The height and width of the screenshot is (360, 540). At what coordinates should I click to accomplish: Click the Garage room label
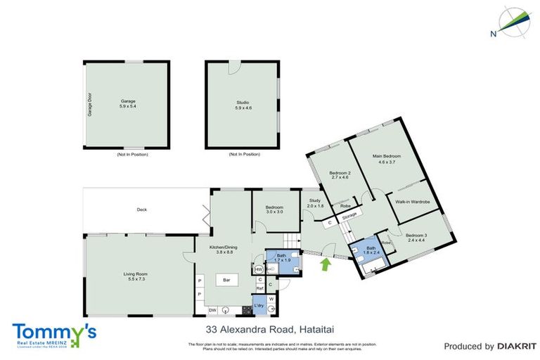[x=127, y=102]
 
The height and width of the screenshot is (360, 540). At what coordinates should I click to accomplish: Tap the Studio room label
[x=243, y=103]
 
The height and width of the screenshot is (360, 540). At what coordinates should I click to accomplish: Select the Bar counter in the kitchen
[x=227, y=280]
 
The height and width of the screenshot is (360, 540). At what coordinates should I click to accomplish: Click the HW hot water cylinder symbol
[x=259, y=269]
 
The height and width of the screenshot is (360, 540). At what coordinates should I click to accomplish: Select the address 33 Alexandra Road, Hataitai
[x=262, y=328]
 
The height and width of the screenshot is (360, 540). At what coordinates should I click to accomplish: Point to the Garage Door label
[x=91, y=105]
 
